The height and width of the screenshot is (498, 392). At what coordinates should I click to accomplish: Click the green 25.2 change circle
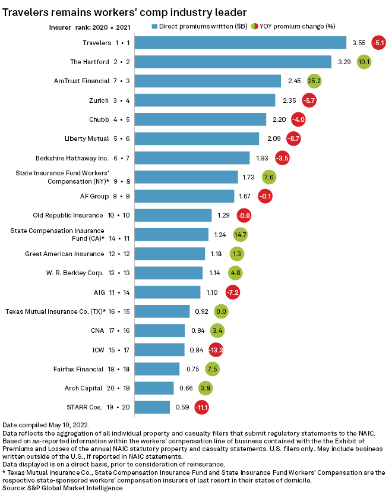[315, 81]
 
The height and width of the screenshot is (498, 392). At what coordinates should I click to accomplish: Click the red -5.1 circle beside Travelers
[378, 43]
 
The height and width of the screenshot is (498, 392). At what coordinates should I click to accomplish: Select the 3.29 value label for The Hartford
[344, 62]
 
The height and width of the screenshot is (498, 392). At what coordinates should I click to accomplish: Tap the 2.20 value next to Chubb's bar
[279, 119]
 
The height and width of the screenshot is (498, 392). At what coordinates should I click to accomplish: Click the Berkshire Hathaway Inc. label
[72, 158]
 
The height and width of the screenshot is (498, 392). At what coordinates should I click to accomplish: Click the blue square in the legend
[155, 26]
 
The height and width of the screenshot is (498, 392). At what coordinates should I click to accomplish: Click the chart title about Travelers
[125, 11]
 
